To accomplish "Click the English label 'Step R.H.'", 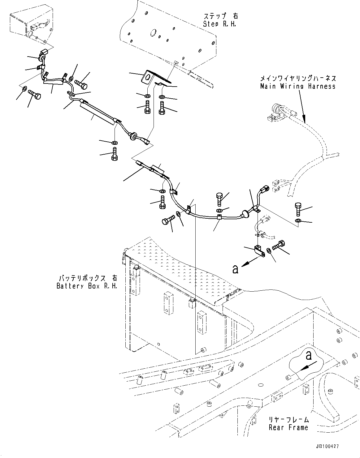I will [219, 24].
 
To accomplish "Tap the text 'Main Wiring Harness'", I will [297, 86].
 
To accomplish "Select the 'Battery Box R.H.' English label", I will [87, 286].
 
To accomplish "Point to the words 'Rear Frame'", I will [288, 427].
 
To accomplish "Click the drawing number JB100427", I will [327, 447].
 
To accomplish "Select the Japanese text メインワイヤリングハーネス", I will [297, 79].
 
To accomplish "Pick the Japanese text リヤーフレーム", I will [288, 420].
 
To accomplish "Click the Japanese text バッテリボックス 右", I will [87, 278].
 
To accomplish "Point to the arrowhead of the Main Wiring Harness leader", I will [305, 119].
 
